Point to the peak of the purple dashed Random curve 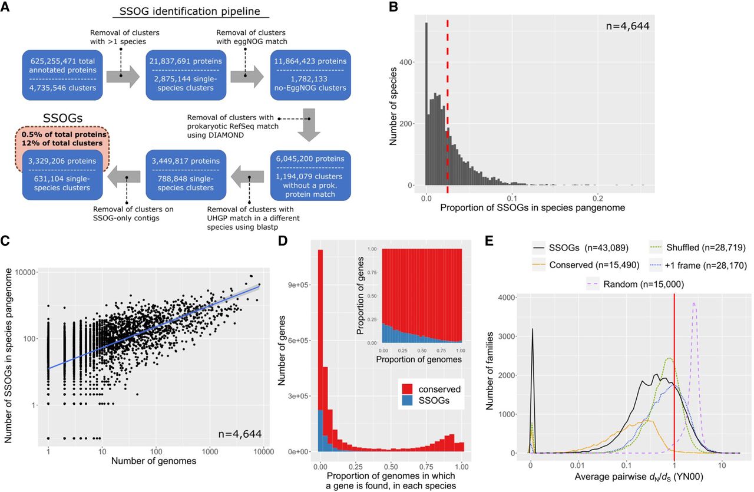coord(695,303)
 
